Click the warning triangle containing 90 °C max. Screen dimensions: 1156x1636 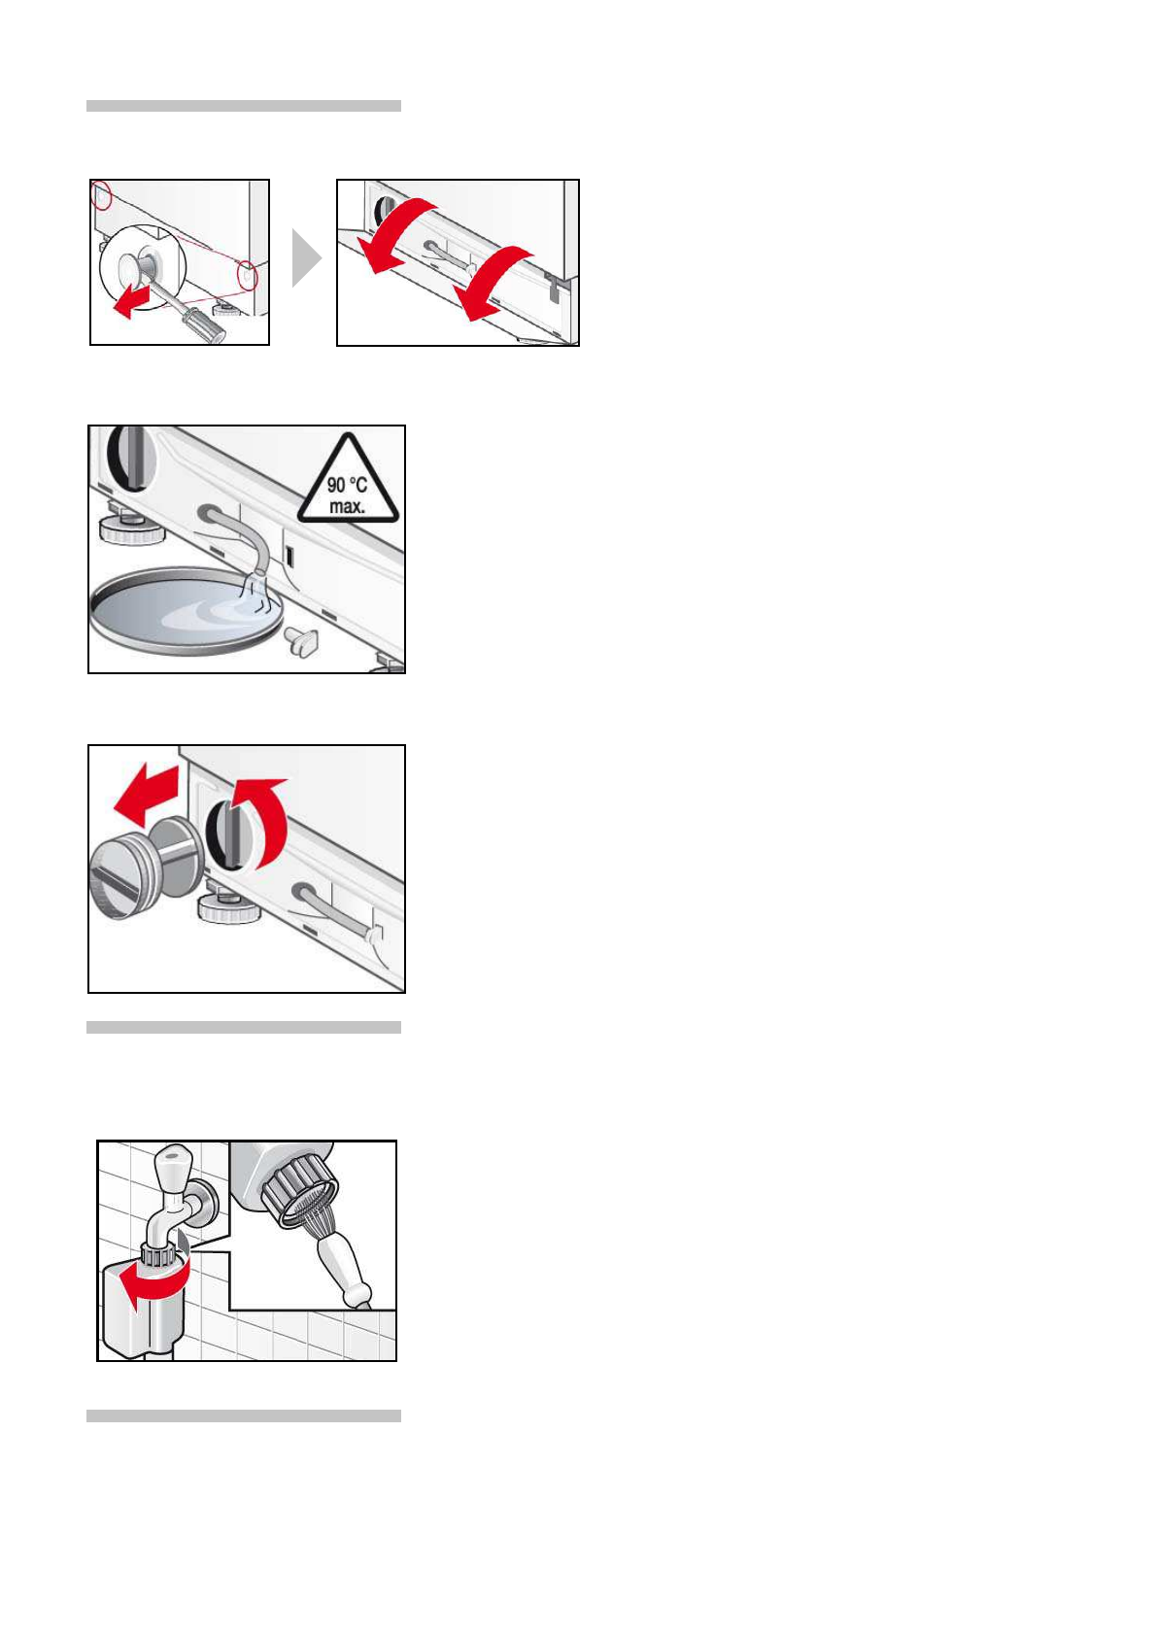(349, 481)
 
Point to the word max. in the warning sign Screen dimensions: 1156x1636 (347, 505)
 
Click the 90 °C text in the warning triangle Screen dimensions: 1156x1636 (347, 485)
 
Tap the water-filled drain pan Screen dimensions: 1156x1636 (187, 610)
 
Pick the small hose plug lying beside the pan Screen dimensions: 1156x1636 (301, 640)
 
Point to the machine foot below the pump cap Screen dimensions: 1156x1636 (220, 903)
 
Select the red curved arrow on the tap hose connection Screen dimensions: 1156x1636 (158, 1281)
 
